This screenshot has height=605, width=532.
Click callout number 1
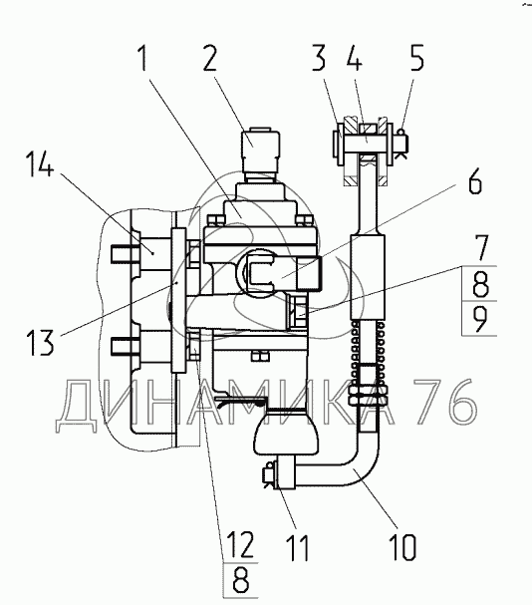point(143,58)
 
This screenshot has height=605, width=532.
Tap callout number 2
point(210,58)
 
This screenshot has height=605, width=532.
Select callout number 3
point(319,58)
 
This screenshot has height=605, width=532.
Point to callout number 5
point(416,58)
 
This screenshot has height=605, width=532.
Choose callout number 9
point(480,318)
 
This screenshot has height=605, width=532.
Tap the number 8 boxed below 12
point(241,580)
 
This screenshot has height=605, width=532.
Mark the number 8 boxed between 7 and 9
point(480,284)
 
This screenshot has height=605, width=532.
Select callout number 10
point(403,547)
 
